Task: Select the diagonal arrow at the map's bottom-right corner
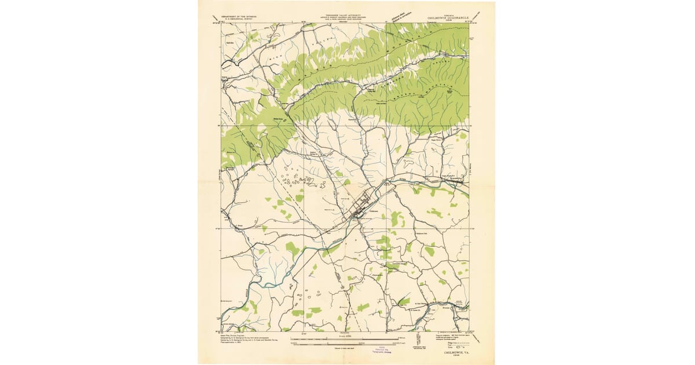479,337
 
